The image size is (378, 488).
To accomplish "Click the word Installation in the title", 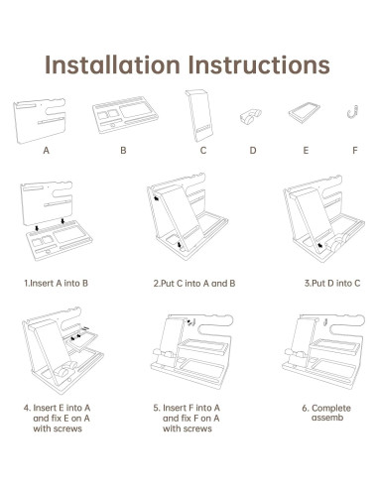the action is (x=112, y=64).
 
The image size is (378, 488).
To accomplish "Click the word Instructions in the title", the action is (x=259, y=64).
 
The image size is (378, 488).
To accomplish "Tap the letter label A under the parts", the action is (x=47, y=151).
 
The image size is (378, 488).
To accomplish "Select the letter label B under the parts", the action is (x=123, y=151).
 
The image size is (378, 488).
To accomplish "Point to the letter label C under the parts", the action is (x=203, y=151).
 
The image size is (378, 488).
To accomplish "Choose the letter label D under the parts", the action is (x=253, y=151).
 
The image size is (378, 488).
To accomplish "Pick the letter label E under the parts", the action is (x=306, y=151).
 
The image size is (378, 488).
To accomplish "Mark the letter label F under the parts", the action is (x=355, y=151).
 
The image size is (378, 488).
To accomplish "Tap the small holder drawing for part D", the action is (x=250, y=117).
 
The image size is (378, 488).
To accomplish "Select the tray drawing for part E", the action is (x=305, y=113).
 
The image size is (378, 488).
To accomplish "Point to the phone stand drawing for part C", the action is (x=199, y=116).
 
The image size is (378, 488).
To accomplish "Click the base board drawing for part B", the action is (x=125, y=115).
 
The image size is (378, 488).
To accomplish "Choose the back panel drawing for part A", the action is (x=40, y=121).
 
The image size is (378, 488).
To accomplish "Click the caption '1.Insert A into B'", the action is (x=56, y=283).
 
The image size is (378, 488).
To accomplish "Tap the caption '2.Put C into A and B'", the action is (x=194, y=284).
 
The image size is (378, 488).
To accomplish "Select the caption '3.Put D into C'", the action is (x=332, y=283).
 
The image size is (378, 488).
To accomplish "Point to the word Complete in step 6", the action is (x=331, y=408).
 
